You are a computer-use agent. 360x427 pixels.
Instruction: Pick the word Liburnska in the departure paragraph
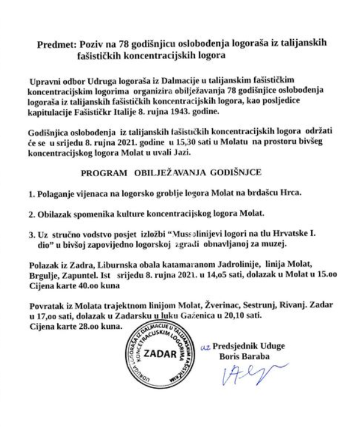pos(108,263)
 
